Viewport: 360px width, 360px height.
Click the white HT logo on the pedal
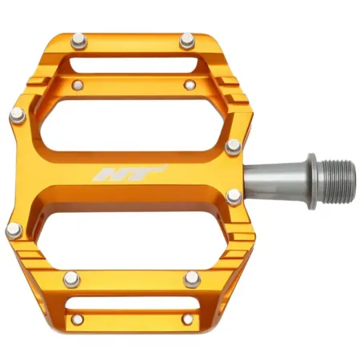(140, 174)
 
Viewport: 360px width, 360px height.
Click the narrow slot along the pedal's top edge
(133, 63)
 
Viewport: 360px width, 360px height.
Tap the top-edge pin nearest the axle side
(187, 38)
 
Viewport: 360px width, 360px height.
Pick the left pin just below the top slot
(78, 82)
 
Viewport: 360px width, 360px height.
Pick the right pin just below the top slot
(190, 83)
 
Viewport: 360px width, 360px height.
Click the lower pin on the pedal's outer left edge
(14, 231)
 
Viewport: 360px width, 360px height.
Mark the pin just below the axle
(234, 197)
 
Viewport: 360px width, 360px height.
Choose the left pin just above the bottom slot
(73, 279)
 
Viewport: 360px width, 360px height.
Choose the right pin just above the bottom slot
(191, 278)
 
